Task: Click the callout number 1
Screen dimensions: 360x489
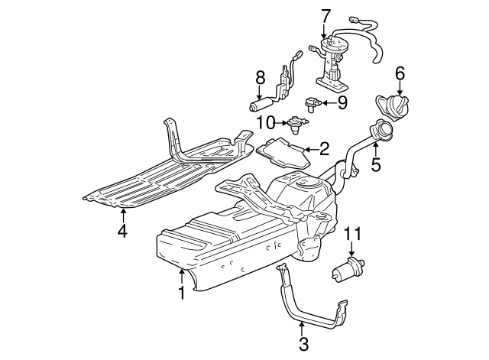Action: click(x=182, y=292)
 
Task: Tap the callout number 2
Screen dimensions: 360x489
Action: click(x=324, y=149)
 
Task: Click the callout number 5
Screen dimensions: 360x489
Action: click(x=375, y=164)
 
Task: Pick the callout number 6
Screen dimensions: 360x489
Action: click(x=399, y=73)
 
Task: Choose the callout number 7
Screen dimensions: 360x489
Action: click(x=325, y=15)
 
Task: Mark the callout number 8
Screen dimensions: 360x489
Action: click(x=260, y=77)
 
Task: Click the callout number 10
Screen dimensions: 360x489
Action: click(x=265, y=122)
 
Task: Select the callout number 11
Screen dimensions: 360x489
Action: click(x=351, y=234)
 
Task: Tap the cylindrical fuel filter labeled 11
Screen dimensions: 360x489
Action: click(x=348, y=269)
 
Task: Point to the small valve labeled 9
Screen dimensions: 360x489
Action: click(x=313, y=102)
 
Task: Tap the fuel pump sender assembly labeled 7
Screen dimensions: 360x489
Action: click(x=334, y=63)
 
